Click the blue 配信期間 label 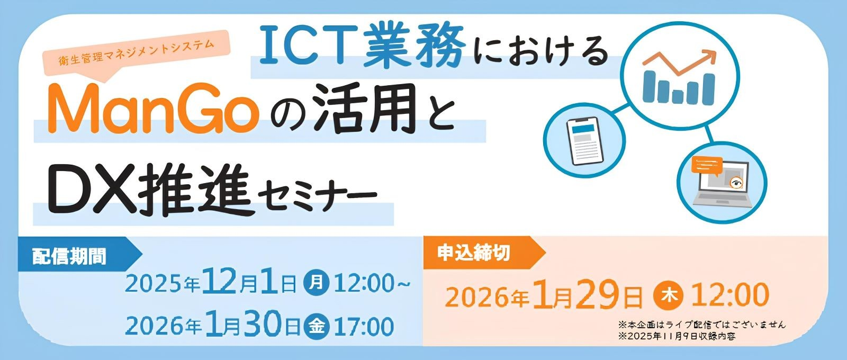pyautogui.click(x=69, y=256)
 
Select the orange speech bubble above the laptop pyautogui.click(x=707, y=166)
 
